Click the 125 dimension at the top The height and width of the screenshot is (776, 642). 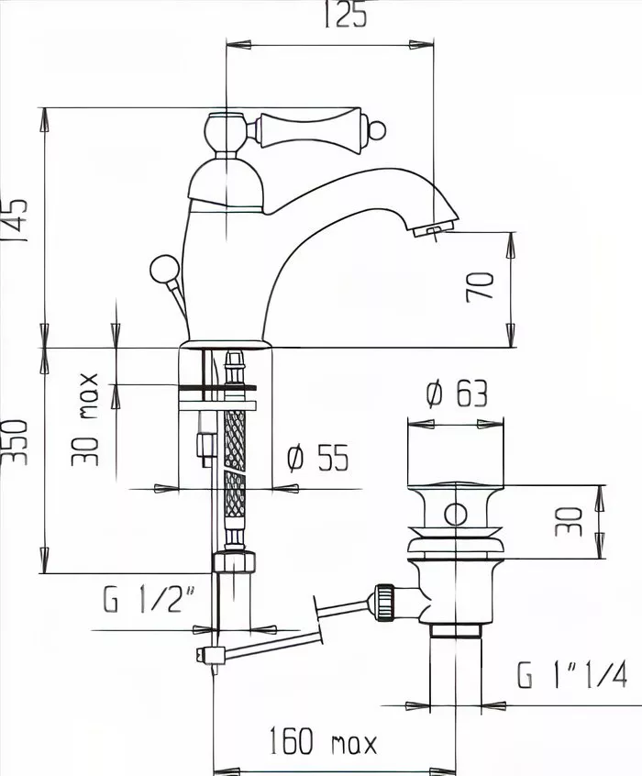[x=345, y=16]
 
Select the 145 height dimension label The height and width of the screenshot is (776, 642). [x=14, y=220]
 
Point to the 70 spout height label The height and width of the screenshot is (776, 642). [x=480, y=287]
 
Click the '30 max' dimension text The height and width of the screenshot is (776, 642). [x=85, y=420]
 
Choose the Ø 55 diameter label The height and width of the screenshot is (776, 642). [x=318, y=458]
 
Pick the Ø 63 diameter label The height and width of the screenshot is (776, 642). [x=457, y=394]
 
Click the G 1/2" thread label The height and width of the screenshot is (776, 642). [x=149, y=599]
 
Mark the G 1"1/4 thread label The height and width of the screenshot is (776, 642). [x=572, y=674]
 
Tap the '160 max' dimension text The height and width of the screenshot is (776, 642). [x=323, y=741]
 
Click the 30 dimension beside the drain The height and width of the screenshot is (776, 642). [x=569, y=522]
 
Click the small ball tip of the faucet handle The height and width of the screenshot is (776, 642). [x=378, y=130]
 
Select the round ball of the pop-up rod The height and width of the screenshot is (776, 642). [x=164, y=270]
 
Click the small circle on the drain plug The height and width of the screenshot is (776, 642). [x=456, y=515]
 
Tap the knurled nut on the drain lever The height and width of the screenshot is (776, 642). [x=385, y=603]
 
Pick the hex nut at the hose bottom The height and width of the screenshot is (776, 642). [x=234, y=561]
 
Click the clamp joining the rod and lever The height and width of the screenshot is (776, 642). [x=210, y=655]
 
